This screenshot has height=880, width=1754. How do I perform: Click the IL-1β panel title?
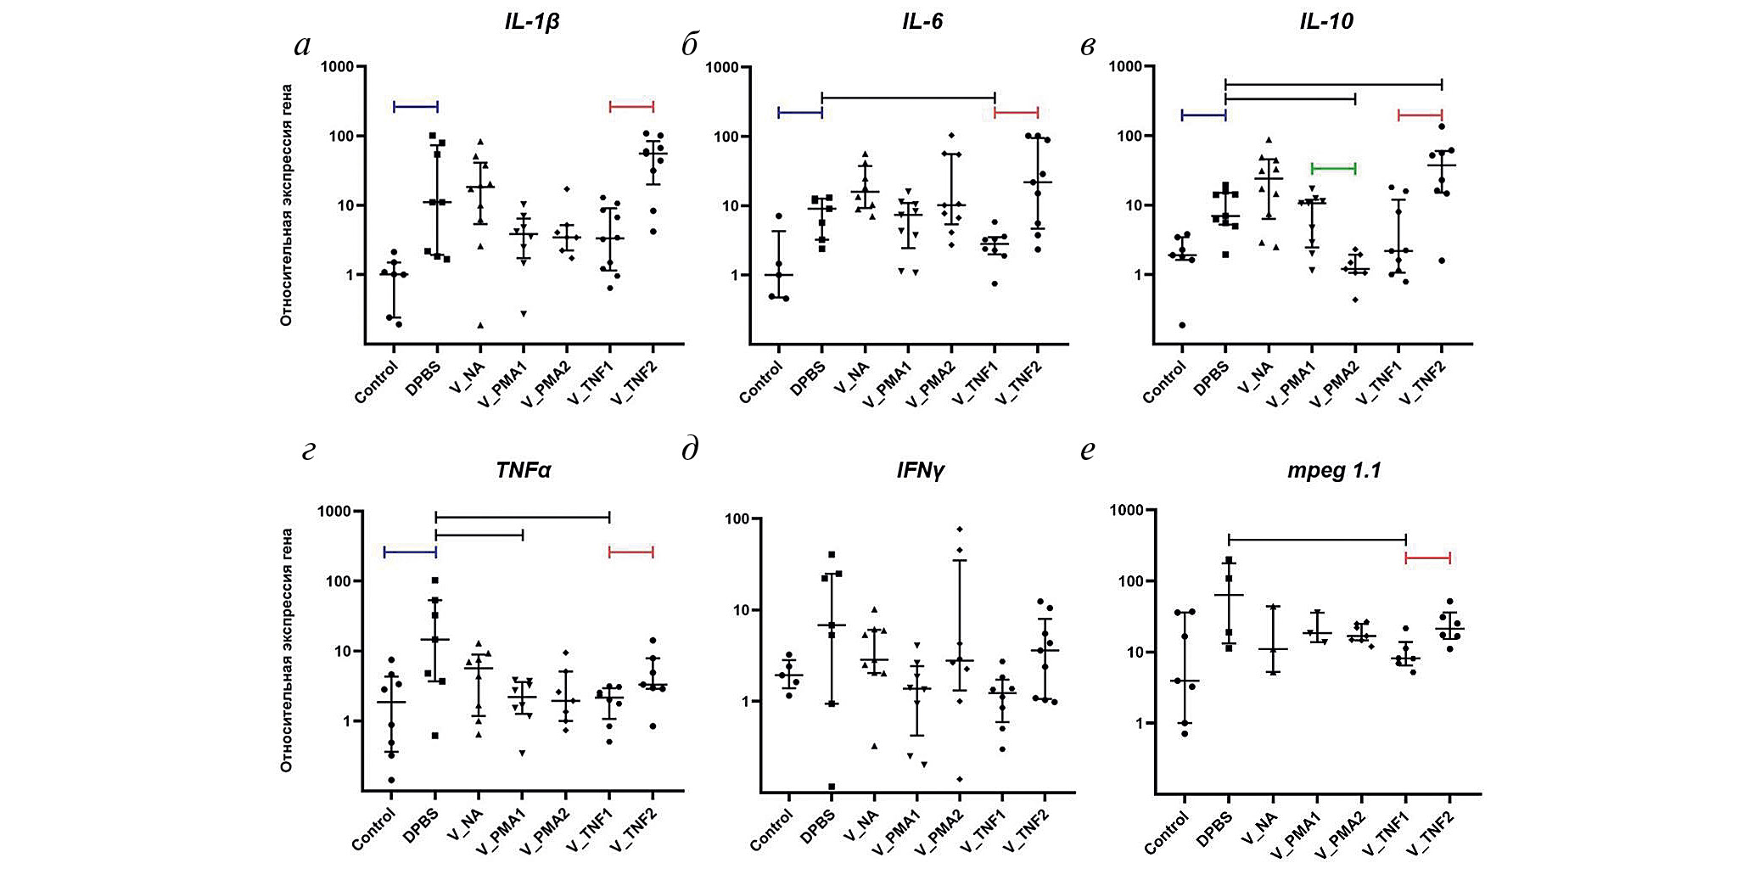tap(532, 21)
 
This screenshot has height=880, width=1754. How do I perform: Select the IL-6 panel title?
tap(922, 21)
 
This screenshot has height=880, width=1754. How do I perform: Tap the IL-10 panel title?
tap(1326, 21)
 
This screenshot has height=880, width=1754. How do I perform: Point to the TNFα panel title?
tap(524, 469)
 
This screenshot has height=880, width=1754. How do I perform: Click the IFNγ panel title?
tap(920, 469)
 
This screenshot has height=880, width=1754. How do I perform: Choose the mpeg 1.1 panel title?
tap(1334, 469)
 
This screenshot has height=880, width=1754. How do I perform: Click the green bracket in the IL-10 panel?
tap(1333, 168)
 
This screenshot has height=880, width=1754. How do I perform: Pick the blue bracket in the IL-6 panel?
tap(799, 112)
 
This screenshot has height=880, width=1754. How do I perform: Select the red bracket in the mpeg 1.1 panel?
tap(1428, 558)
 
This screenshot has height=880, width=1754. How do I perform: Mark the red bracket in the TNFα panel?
tap(631, 552)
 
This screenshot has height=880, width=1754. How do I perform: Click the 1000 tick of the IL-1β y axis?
tap(337, 67)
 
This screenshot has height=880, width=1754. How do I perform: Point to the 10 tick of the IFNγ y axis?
tap(739, 610)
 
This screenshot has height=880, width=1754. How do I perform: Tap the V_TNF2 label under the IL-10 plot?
tap(1423, 384)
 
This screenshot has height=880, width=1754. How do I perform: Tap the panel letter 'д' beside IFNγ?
tap(690, 449)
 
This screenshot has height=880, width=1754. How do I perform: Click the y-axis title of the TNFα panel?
tap(287, 650)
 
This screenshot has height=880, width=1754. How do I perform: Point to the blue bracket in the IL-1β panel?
tap(416, 107)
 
